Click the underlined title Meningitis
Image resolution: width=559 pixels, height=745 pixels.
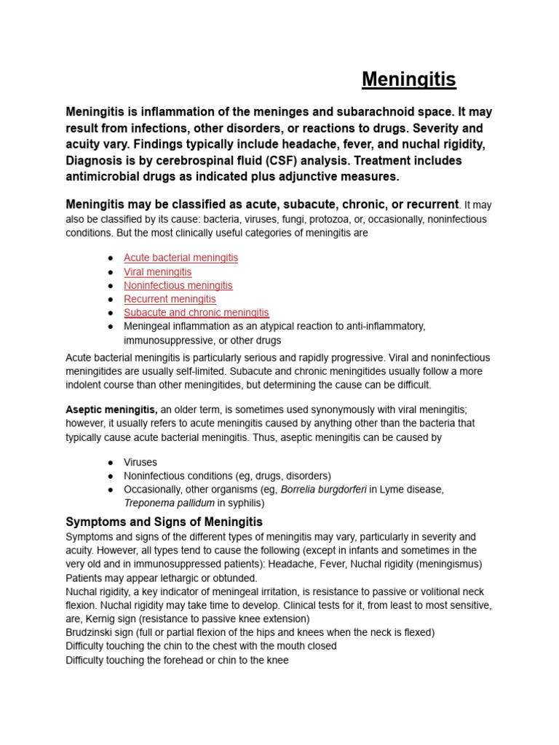coord(408,79)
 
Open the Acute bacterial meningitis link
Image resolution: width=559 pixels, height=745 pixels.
coord(181,258)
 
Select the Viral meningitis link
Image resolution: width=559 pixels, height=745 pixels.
coord(157,271)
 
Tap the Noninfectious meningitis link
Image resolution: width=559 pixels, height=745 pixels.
coord(178,285)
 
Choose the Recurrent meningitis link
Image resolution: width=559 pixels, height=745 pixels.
coord(170,299)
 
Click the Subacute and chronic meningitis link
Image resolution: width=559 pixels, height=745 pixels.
coord(196,313)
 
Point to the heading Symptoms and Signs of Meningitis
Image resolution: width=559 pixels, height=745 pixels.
coord(164,522)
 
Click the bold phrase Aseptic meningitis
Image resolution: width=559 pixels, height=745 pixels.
coord(111,410)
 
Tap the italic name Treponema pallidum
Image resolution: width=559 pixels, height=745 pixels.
coord(169,503)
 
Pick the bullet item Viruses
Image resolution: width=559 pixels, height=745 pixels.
coord(140,462)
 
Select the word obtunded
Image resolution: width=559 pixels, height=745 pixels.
coord(234,578)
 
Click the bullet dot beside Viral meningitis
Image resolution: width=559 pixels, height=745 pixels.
coord(110,272)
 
